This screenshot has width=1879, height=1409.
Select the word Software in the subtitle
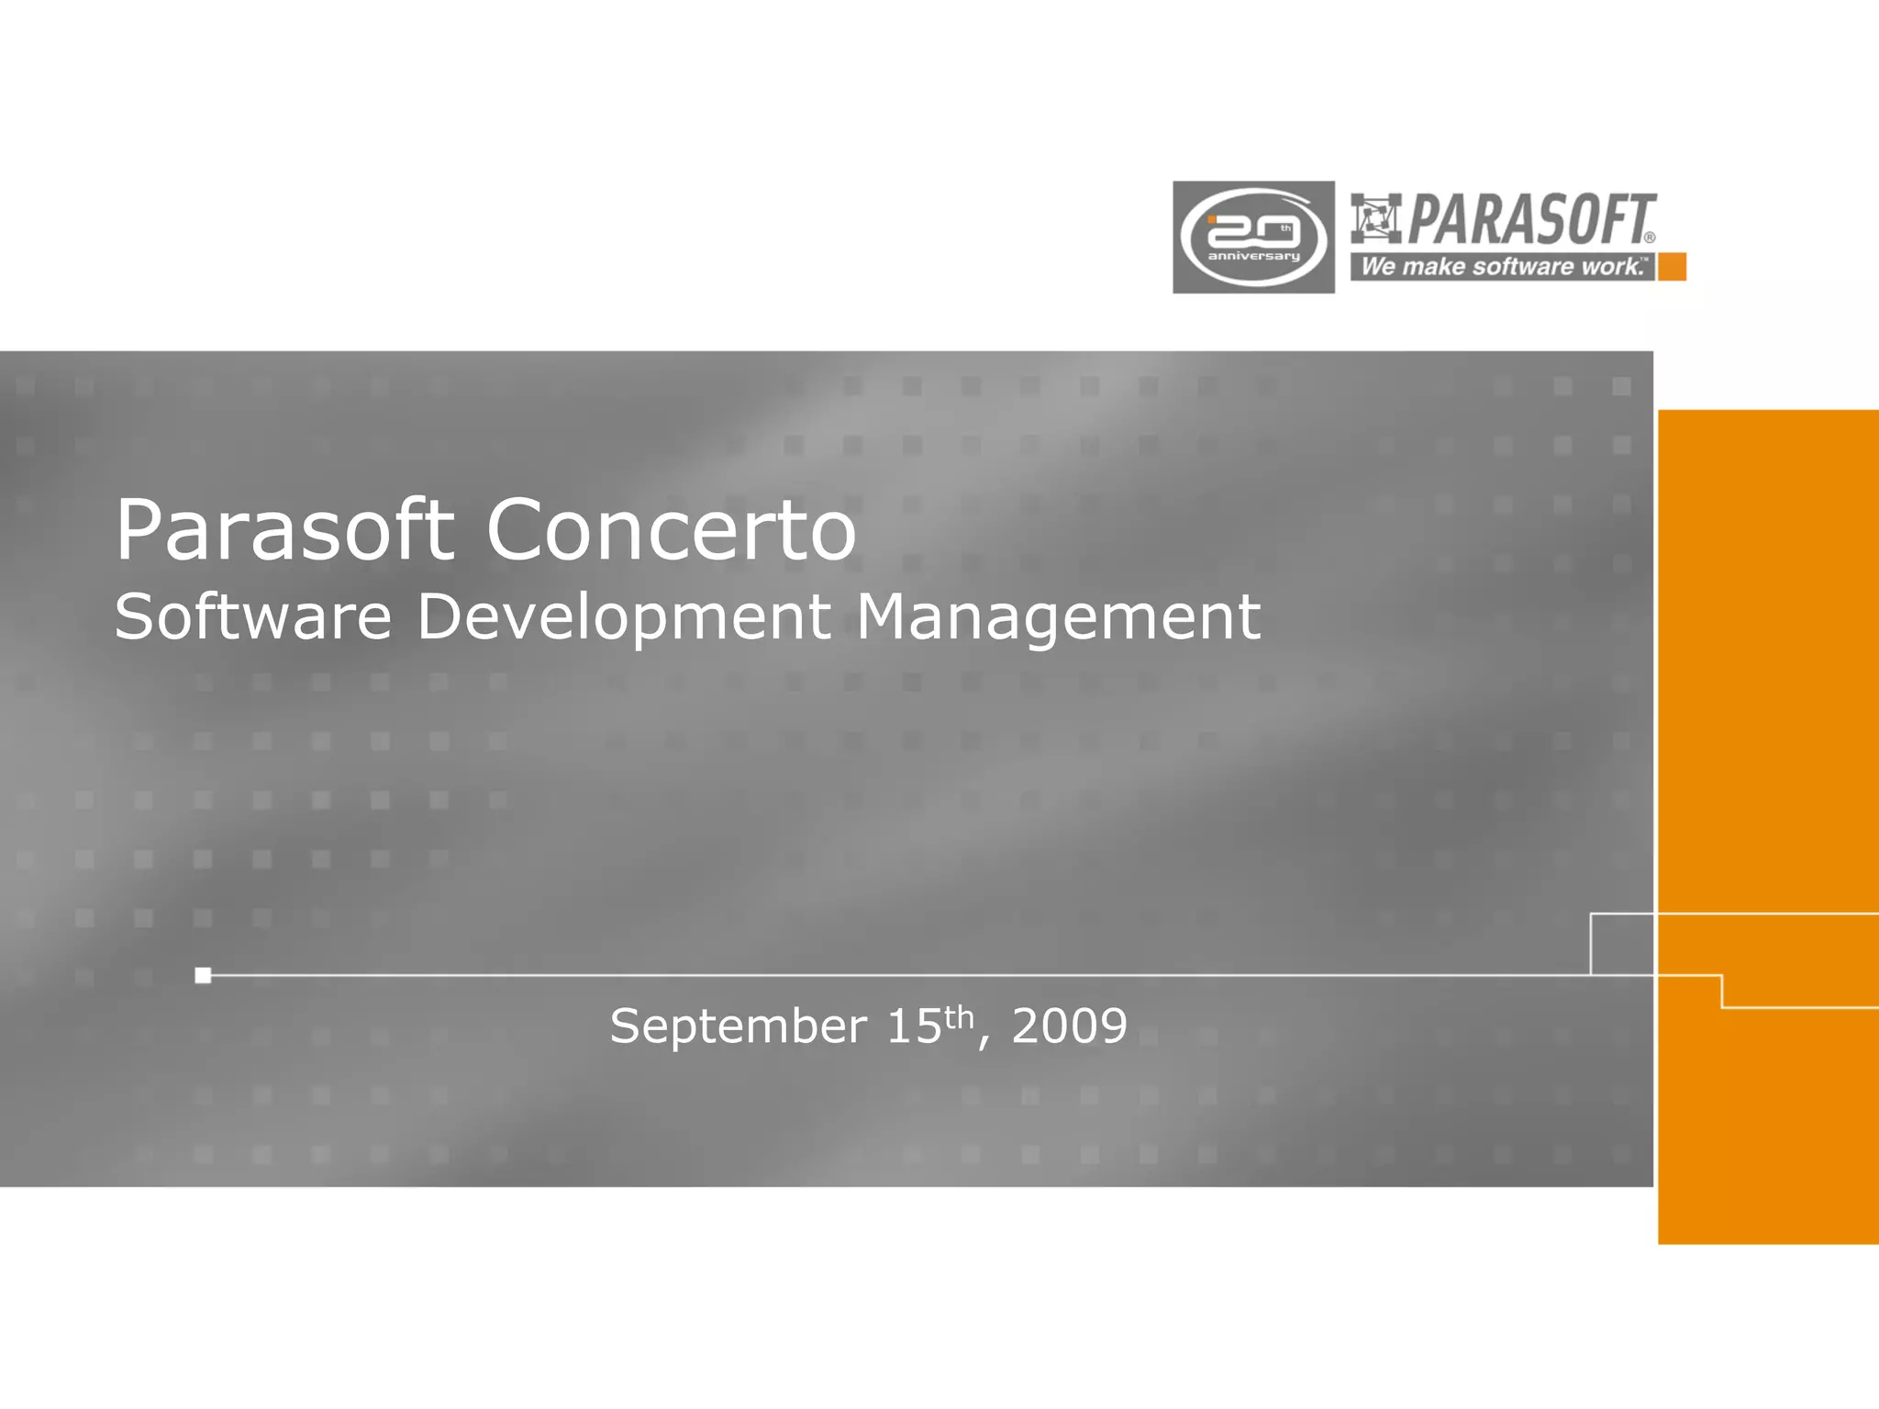pyautogui.click(x=253, y=616)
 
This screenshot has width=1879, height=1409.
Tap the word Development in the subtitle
pyautogui.click(x=624, y=616)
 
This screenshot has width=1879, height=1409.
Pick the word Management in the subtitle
pyautogui.click(x=1058, y=616)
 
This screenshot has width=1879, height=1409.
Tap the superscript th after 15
pyautogui.click(x=959, y=1016)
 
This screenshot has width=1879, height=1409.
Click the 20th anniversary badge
pyautogui.click(x=1253, y=238)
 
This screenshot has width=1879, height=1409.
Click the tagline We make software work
pyautogui.click(x=1502, y=267)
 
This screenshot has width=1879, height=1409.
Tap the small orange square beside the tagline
pyautogui.click(x=1672, y=267)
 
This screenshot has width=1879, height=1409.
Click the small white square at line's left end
pyautogui.click(x=203, y=975)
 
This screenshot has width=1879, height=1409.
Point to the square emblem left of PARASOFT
pyautogui.click(x=1375, y=218)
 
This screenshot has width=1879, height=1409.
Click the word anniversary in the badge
pyautogui.click(x=1253, y=256)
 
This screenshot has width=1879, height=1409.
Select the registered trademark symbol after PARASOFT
pyautogui.click(x=1650, y=238)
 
